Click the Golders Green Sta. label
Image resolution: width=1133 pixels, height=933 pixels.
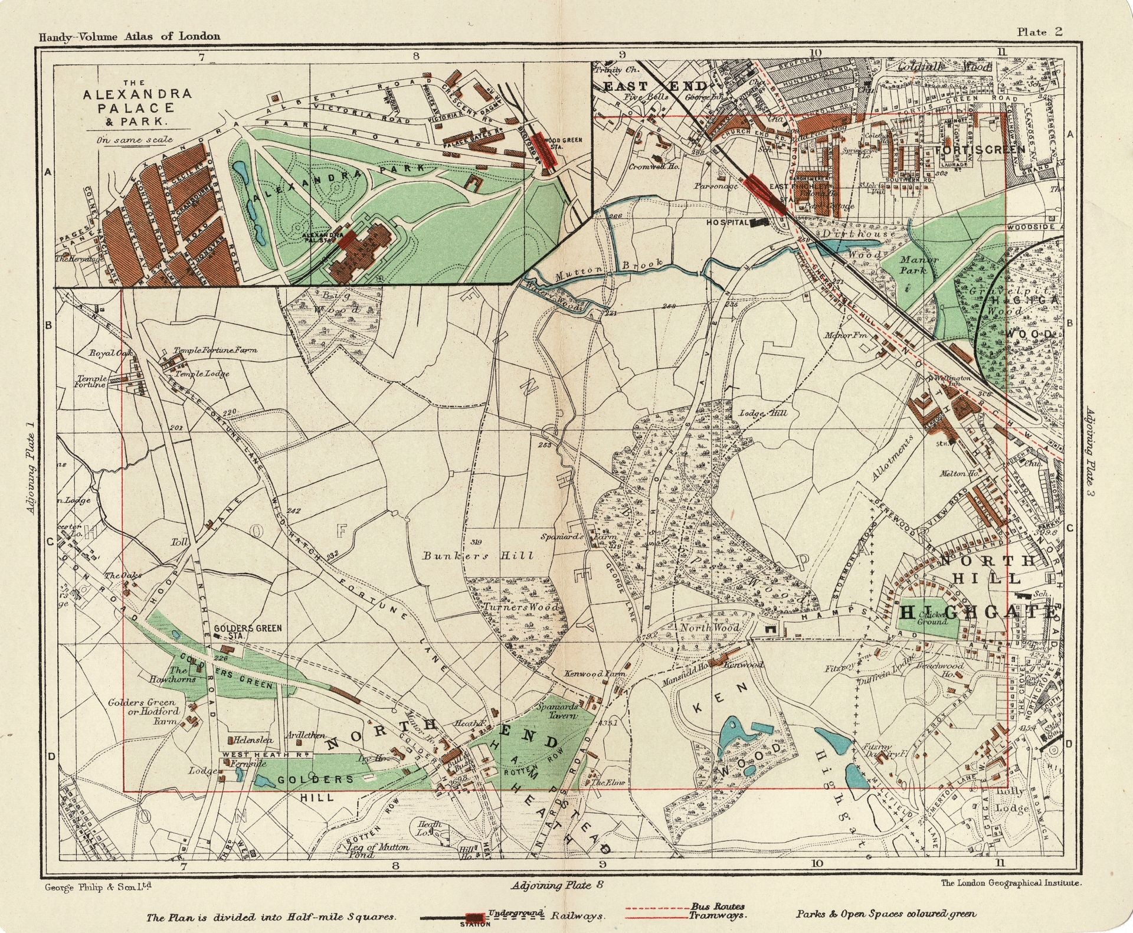pos(247,632)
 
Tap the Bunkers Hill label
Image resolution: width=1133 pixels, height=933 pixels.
pos(478,555)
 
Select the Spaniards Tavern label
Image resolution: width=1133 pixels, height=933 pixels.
pos(556,711)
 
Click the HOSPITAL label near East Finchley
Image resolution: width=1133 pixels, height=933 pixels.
pos(728,222)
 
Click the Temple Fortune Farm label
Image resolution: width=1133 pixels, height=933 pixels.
pos(215,350)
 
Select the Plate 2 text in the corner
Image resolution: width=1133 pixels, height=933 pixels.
pos(1039,32)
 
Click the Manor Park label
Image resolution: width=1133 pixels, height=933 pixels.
pos(918,264)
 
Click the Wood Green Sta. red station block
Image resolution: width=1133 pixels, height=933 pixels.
pos(545,150)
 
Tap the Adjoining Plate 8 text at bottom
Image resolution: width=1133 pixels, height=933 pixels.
pos(558,885)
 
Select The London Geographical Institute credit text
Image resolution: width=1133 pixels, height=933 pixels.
pos(1011,883)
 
